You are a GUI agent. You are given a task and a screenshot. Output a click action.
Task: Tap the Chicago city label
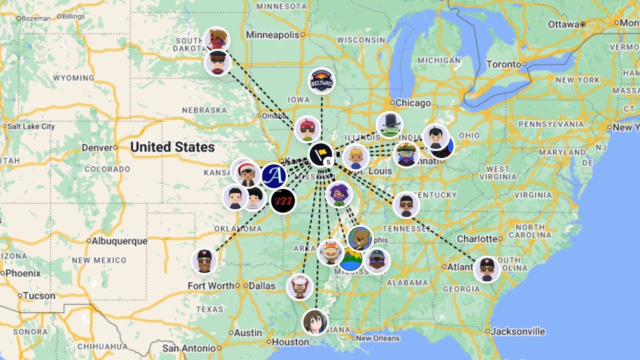point(412,103)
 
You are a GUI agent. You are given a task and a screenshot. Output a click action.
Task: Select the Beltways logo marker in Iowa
point(321,81)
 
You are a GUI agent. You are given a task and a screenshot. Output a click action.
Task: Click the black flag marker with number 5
point(321,154)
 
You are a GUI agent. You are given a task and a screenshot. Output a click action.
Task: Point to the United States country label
point(172,147)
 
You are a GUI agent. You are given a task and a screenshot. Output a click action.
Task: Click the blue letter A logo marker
point(274,176)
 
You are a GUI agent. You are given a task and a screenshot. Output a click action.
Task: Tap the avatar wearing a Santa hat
point(246,173)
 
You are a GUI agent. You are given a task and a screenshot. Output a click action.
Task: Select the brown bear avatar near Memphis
point(360,238)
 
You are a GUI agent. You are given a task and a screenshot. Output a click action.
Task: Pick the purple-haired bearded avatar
point(339,194)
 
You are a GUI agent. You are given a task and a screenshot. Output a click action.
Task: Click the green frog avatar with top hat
point(389,125)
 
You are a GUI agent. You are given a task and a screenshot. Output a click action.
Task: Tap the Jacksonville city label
point(517,331)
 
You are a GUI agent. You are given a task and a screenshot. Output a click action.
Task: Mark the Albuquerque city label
point(119,240)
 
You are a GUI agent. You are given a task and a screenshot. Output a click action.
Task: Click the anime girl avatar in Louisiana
point(315,322)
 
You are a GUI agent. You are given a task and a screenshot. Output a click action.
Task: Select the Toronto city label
point(503,64)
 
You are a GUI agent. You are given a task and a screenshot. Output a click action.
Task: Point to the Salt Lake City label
point(30,126)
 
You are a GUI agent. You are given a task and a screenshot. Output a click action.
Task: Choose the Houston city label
point(290,342)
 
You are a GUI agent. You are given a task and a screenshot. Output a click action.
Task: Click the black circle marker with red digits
point(283,201)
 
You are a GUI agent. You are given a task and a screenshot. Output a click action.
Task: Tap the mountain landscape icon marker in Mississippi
point(351,259)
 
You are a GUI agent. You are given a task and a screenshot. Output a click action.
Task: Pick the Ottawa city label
point(563,24)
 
